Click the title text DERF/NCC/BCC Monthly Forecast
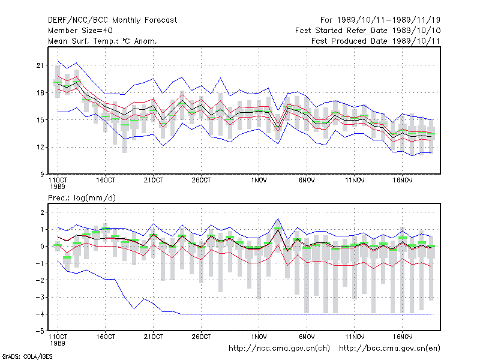coord(112,20)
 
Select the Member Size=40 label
coord(80,31)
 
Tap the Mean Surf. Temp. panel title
coord(103,41)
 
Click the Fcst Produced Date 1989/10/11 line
coord(376,41)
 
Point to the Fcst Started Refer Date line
coord(368,31)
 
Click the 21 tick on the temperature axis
coord(40,65)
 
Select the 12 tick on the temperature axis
coord(40,147)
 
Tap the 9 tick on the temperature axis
coord(42,175)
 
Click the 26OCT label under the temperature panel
coord(201,181)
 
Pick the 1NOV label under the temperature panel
coord(259,181)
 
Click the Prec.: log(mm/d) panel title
coord(82,198)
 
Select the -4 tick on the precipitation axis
coord(40,314)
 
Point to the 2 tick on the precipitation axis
coord(42,212)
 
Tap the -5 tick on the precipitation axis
coord(40,331)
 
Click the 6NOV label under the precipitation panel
coord(307,337)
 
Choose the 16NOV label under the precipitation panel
coord(402,337)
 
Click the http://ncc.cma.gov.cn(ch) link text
coord(279,349)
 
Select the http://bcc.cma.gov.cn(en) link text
coord(389,349)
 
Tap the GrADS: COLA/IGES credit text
coord(27,356)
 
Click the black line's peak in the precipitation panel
coord(278,229)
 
